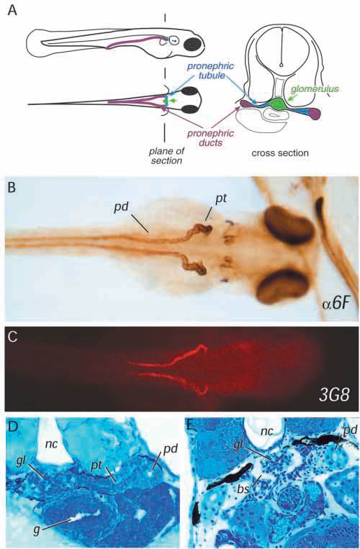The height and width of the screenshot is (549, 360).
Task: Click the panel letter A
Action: (12, 11)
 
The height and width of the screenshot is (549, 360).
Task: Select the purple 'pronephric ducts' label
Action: (210, 137)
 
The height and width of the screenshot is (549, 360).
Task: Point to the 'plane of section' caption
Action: (167, 156)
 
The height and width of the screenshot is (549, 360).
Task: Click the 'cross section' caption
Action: (280, 153)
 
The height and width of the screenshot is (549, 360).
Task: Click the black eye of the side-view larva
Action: (193, 44)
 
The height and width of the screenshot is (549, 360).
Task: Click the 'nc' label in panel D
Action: (51, 444)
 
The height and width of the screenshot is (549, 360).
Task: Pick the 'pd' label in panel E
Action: (348, 431)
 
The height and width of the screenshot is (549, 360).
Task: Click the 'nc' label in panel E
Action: (267, 431)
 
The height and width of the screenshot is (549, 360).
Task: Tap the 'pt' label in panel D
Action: (97, 464)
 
